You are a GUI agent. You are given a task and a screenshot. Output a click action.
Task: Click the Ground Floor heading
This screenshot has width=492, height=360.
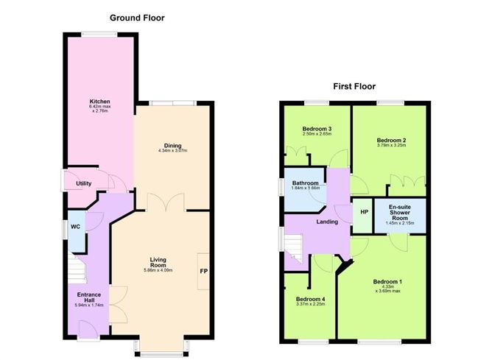point(137,17)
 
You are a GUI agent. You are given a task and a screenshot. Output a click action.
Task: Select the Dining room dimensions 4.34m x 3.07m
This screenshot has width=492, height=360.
point(173,151)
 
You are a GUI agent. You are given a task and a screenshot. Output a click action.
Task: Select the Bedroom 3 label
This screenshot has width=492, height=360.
point(317,129)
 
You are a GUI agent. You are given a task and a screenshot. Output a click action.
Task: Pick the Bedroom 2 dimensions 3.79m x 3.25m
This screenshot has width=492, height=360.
point(392,145)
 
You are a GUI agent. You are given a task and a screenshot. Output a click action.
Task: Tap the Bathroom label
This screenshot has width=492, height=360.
point(305,183)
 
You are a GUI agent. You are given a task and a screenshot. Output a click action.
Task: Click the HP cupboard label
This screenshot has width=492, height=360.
point(363,212)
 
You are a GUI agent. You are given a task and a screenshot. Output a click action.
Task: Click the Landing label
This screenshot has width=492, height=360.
point(326,222)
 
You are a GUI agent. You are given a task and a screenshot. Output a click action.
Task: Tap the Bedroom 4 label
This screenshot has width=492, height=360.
point(310,299)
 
